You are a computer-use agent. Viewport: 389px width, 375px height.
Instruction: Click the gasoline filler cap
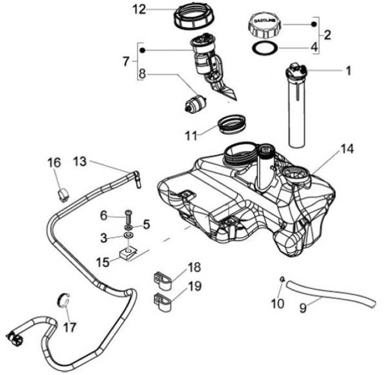tap(264, 24)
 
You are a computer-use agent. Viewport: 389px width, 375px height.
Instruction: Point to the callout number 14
tap(347, 149)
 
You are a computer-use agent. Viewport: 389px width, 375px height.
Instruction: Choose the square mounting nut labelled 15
tap(129, 253)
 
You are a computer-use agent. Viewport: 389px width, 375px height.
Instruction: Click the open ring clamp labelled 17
tap(64, 299)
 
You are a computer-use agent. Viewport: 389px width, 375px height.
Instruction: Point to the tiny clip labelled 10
tap(283, 279)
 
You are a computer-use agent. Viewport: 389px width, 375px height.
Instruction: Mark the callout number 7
tap(126, 62)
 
